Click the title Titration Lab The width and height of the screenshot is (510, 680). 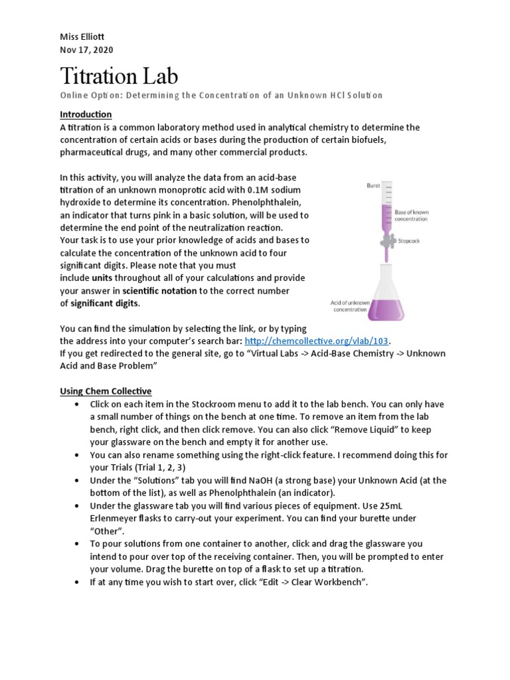click(x=119, y=76)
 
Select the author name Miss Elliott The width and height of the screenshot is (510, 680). click(x=82, y=37)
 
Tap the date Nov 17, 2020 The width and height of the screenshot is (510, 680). click(x=86, y=49)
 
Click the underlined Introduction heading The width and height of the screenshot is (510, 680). click(x=86, y=114)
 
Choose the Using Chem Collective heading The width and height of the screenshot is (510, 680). click(x=106, y=391)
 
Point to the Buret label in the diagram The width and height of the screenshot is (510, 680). click(x=374, y=186)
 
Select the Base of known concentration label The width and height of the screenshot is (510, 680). click(x=412, y=214)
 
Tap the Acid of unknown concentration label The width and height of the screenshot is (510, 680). click(x=350, y=306)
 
